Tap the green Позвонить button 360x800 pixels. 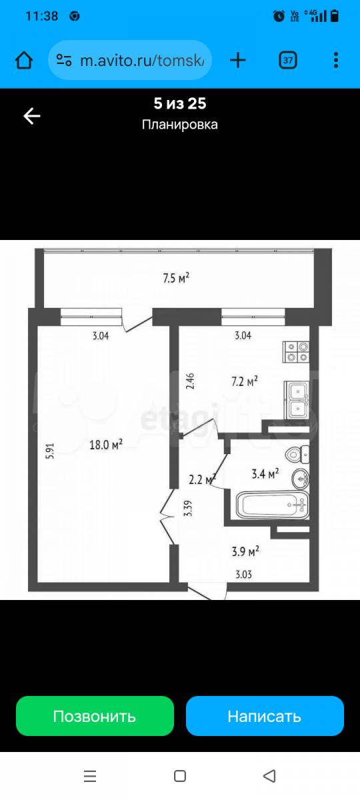tap(95, 716)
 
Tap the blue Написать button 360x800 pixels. tap(265, 716)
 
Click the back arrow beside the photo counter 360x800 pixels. tap(32, 116)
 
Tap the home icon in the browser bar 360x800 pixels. tap(24, 60)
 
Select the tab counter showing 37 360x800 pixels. tap(288, 60)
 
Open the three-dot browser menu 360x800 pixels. tap(336, 60)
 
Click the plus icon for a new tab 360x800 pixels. tap(238, 60)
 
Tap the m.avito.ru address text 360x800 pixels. tap(142, 61)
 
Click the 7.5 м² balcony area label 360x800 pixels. tap(176, 277)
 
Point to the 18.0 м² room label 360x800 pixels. tap(106, 444)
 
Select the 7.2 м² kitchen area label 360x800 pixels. tap(245, 381)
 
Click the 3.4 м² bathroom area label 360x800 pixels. tap(265, 473)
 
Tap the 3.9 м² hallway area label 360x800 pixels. tap(245, 551)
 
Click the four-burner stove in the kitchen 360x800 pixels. tap(297, 352)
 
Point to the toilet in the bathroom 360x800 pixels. tap(297, 454)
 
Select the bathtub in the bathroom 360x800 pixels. tap(272, 505)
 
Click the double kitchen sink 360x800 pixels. tap(297, 401)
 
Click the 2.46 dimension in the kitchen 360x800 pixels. tap(190, 381)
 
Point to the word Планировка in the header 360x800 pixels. tap(179, 125)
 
